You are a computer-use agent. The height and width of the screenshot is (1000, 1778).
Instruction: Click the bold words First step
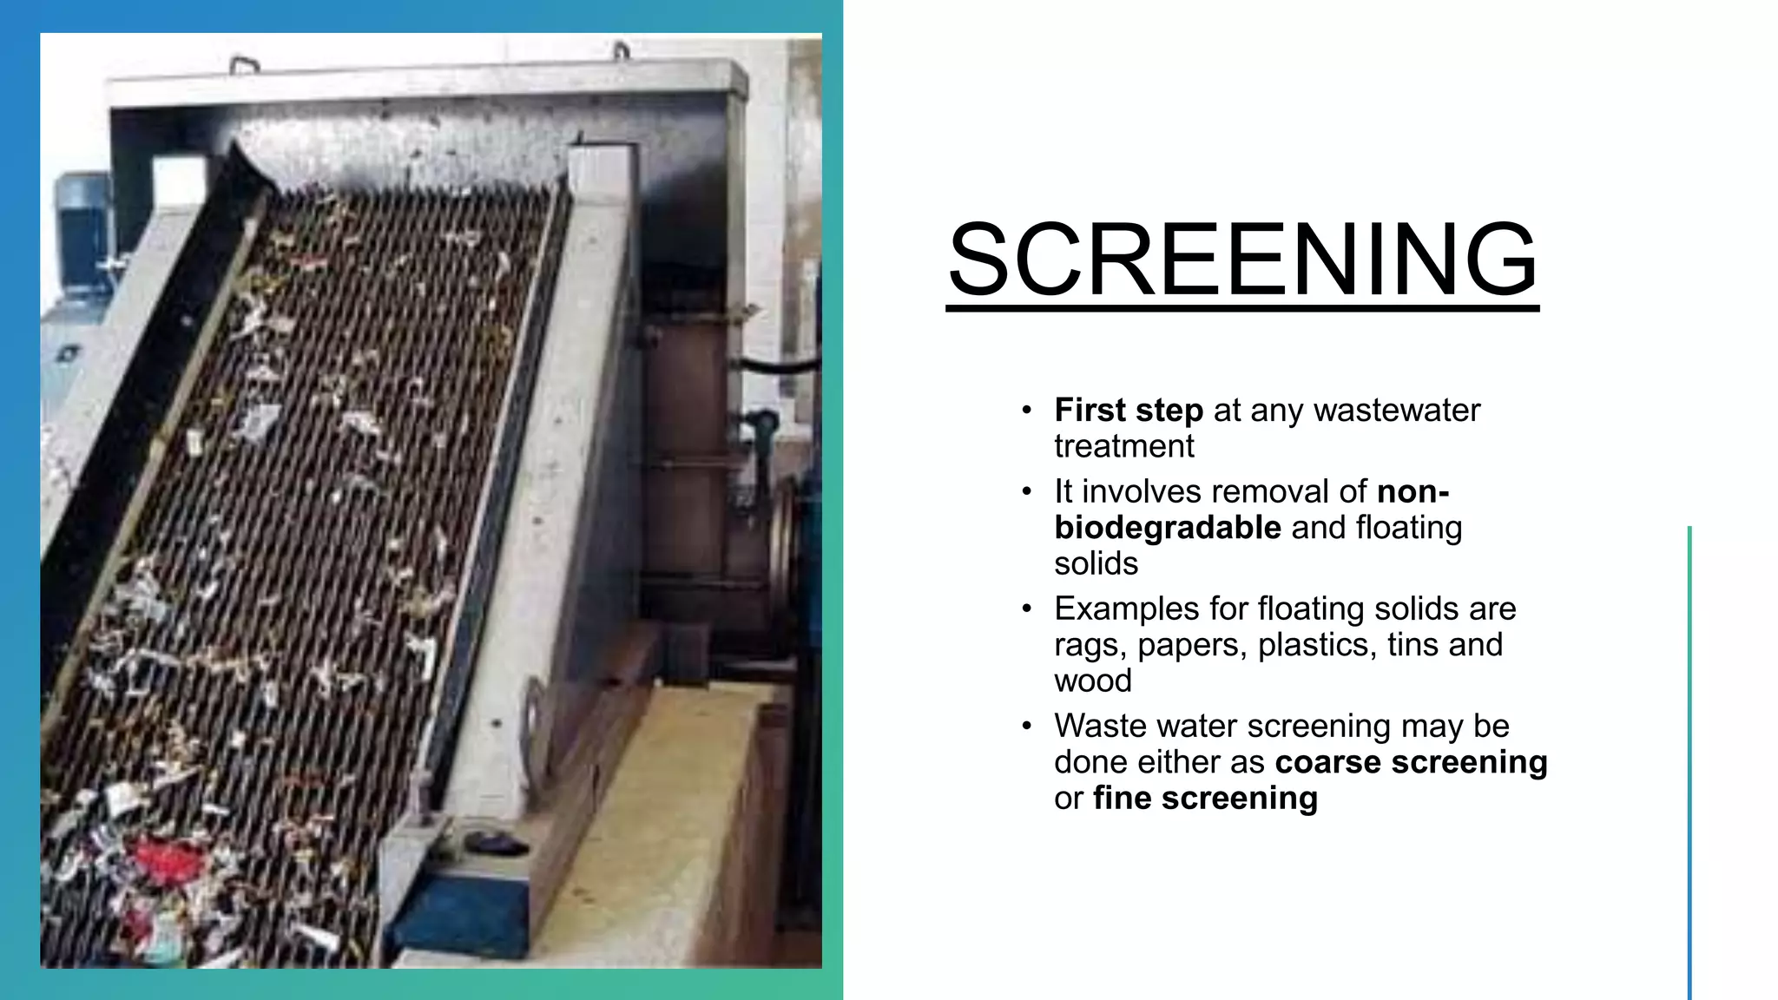1128,410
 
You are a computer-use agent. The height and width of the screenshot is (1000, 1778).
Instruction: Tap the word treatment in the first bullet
1123,446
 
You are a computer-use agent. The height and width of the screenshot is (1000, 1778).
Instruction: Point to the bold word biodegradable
1167,528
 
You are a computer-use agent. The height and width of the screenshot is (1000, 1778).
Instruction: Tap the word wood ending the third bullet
1092,681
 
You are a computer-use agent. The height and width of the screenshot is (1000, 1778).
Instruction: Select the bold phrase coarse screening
1411,762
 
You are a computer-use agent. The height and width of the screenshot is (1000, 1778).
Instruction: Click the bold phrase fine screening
1205,799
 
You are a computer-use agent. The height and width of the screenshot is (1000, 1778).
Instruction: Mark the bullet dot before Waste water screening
1026,726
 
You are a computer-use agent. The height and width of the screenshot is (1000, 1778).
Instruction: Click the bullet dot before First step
1026,410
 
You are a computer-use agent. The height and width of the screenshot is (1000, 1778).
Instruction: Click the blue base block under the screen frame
460,911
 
